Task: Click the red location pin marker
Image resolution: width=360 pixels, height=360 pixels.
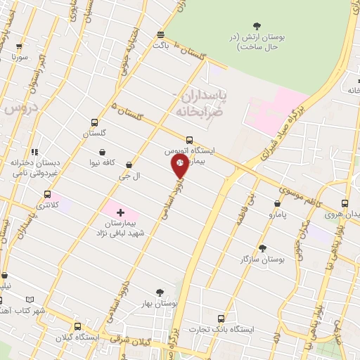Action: point(180,166)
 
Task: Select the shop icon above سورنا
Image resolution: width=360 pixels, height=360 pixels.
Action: point(19,46)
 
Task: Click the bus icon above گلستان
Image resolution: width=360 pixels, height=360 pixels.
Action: point(95,122)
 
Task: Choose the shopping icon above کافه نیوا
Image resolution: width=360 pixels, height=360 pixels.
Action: point(103,151)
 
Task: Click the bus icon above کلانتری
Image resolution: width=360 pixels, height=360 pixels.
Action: point(47,194)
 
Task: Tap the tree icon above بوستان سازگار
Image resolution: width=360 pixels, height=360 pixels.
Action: point(262,247)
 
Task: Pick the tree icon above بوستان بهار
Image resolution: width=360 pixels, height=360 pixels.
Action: point(160,292)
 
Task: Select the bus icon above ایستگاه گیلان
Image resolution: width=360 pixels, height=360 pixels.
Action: point(77,326)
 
